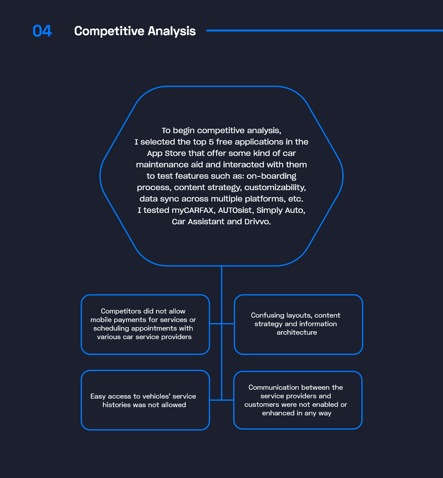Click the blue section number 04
(x=42, y=31)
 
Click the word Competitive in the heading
(x=109, y=31)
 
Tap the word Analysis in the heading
(x=172, y=31)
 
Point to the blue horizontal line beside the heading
(x=325, y=31)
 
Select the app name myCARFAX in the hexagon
(x=193, y=210)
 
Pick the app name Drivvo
(x=258, y=222)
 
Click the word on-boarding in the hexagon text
(x=271, y=176)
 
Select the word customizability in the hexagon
(x=275, y=188)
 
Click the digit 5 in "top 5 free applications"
(x=211, y=142)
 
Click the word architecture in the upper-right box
(x=296, y=332)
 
